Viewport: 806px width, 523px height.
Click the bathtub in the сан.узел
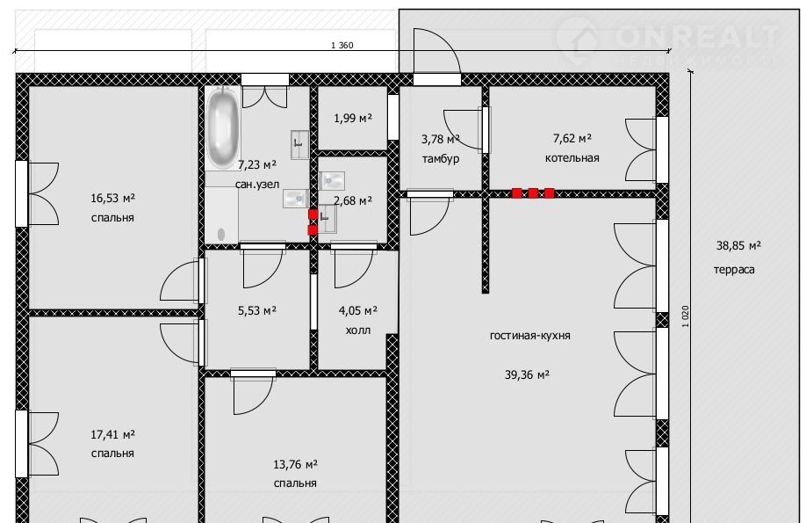click(x=223, y=127)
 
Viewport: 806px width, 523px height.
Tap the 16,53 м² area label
click(x=112, y=198)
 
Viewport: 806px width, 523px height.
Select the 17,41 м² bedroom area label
click(x=112, y=434)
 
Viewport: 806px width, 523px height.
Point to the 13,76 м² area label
click(x=295, y=464)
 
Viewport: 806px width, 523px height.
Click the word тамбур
click(x=441, y=158)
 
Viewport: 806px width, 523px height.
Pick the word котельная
click(x=572, y=157)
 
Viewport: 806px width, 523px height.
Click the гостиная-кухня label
click(x=530, y=335)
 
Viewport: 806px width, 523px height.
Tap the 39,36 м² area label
click(x=527, y=374)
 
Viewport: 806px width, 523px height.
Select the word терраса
click(x=734, y=269)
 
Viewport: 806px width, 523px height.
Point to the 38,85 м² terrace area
click(x=738, y=245)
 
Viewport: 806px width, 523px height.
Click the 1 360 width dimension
click(x=342, y=46)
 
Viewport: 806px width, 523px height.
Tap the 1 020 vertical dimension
click(x=685, y=316)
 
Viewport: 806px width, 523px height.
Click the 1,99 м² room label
click(x=353, y=118)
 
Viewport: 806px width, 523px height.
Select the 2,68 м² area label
click(x=353, y=200)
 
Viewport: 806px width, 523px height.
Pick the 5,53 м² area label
click(x=257, y=310)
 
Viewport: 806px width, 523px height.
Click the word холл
click(x=358, y=330)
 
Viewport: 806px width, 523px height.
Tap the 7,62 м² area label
click(x=572, y=138)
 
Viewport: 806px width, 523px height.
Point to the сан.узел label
click(x=257, y=185)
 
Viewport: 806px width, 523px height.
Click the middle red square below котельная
click(x=533, y=193)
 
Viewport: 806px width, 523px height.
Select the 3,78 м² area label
click(x=441, y=139)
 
